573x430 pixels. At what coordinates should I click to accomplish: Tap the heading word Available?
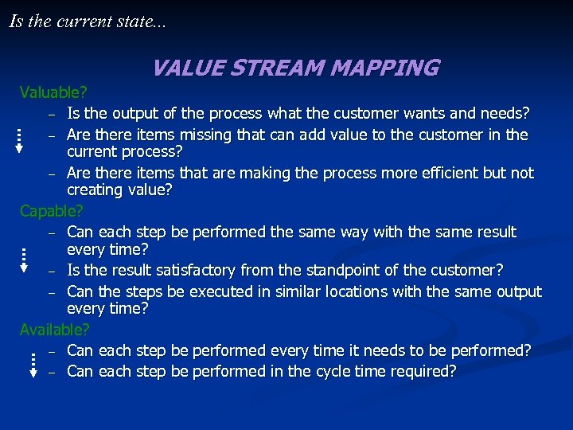click(54, 329)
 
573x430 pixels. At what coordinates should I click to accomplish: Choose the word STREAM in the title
click(278, 68)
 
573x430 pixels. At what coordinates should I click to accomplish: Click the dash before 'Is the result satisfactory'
click(51, 272)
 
